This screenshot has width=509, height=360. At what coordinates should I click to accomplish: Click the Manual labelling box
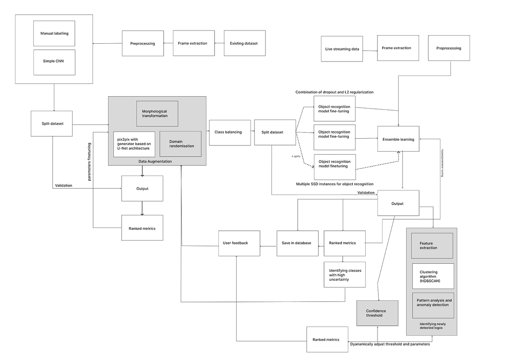[x=54, y=33]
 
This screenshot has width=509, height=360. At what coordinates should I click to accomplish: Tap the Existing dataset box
[x=244, y=43]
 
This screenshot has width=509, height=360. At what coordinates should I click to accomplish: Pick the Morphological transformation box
[x=157, y=113]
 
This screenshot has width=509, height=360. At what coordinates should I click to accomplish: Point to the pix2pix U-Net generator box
[x=134, y=144]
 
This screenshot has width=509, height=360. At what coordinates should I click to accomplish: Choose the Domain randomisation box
[x=180, y=143]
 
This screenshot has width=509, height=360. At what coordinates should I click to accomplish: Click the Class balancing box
[x=228, y=132]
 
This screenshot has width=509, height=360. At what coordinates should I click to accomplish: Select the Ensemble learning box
[x=398, y=139]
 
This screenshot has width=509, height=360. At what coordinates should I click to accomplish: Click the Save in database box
[x=297, y=243]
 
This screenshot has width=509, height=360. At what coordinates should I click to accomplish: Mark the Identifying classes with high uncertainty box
[x=344, y=275]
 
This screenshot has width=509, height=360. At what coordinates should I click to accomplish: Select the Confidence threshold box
[x=377, y=313]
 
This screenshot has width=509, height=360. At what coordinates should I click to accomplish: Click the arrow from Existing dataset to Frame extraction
[x=219, y=43]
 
